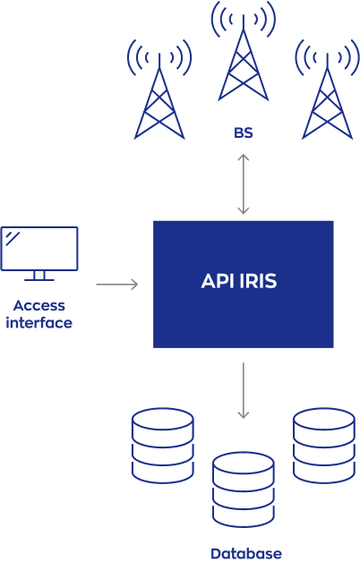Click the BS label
point(244,133)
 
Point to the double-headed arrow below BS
point(244,184)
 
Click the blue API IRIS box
point(244,285)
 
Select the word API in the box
point(217,281)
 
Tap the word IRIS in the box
point(258,281)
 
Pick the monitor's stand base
point(39,279)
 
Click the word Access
point(39,306)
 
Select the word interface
point(39,322)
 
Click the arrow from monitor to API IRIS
point(117,285)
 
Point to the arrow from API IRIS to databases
point(244,391)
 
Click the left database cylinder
point(163,446)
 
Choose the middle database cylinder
point(244,490)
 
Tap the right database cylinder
point(324,446)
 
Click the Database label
point(246,554)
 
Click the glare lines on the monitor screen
point(13,239)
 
